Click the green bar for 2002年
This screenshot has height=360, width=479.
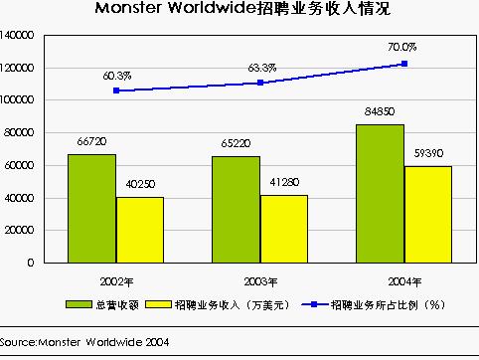(x=91, y=208)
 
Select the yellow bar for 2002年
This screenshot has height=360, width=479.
(x=139, y=230)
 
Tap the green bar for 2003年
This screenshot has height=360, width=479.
(x=236, y=209)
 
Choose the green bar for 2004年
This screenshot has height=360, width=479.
(x=380, y=193)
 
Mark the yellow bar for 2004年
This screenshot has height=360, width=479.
(x=427, y=214)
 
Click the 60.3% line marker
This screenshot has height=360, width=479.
(x=116, y=90)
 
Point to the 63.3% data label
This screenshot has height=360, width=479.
(x=261, y=68)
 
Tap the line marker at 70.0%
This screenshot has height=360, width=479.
(x=404, y=64)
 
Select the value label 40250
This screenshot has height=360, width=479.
(x=140, y=185)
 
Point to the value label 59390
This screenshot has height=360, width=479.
(x=427, y=154)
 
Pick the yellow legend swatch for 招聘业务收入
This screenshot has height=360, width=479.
(x=157, y=302)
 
